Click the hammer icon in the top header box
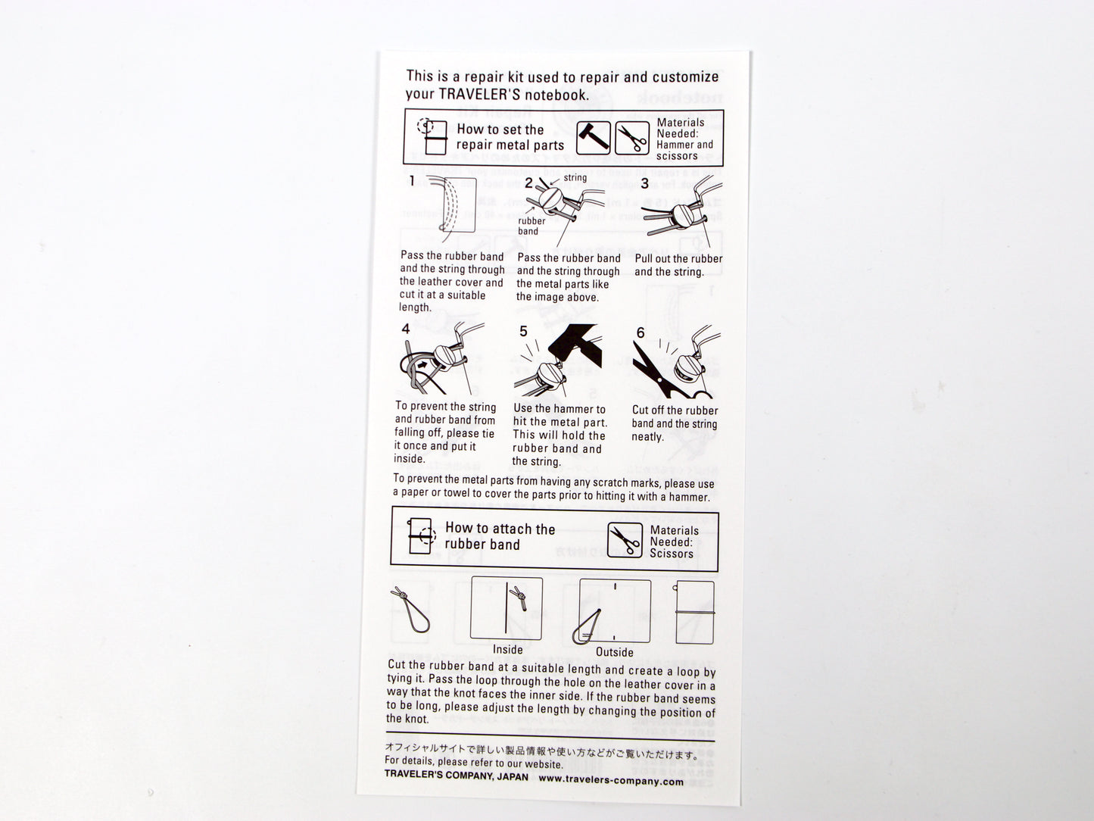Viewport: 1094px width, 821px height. [x=593, y=139]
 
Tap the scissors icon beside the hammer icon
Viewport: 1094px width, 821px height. [x=632, y=139]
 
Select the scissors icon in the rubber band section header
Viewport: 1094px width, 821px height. [x=625, y=541]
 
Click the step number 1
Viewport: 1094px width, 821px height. [x=412, y=181]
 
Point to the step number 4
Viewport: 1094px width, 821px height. [x=406, y=329]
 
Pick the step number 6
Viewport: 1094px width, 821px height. [x=641, y=332]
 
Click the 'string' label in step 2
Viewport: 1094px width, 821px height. [x=575, y=178]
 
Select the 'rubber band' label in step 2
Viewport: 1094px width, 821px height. [x=531, y=226]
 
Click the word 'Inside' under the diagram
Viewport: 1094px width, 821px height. [x=507, y=650]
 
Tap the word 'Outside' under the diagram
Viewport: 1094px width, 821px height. [x=614, y=652]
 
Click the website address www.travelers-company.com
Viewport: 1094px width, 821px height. [x=611, y=781]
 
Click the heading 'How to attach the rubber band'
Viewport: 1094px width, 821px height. [x=500, y=536]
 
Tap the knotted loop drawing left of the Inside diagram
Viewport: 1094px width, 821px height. [x=412, y=611]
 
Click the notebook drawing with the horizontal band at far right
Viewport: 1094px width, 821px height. [x=694, y=612]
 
